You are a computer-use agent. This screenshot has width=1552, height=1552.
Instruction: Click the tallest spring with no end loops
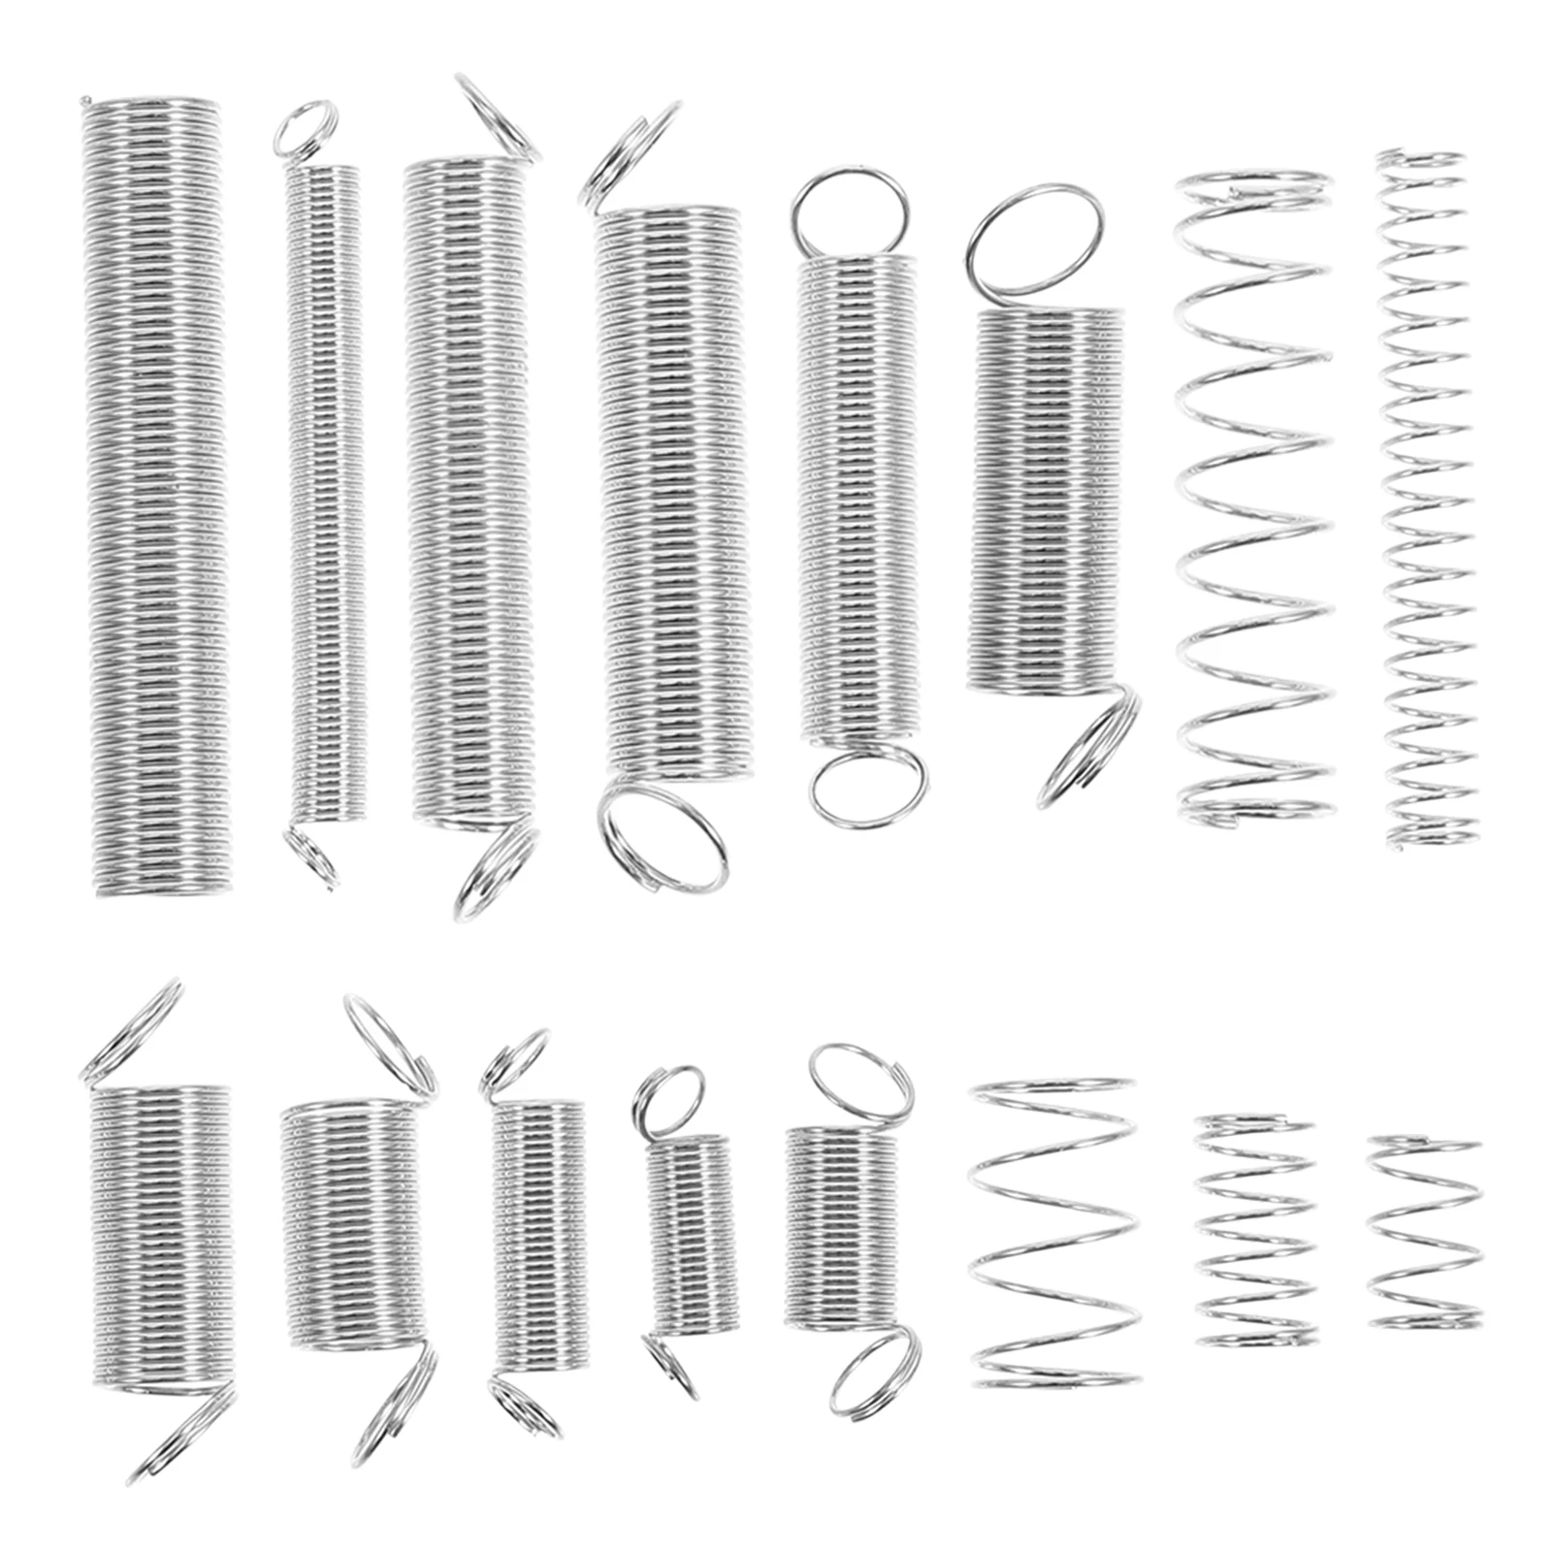click(155, 495)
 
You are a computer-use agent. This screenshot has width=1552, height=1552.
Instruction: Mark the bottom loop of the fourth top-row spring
click(662, 836)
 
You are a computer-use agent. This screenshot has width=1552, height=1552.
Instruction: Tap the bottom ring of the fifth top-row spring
click(867, 784)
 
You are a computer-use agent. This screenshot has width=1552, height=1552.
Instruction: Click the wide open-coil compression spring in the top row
click(1251, 500)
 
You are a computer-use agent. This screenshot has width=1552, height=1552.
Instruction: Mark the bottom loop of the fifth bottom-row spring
click(873, 1370)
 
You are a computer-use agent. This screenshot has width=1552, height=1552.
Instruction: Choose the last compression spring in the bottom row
click(1424, 1232)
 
